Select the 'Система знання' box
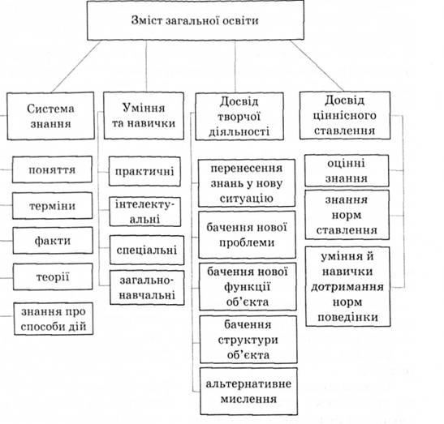[x=51, y=116]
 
